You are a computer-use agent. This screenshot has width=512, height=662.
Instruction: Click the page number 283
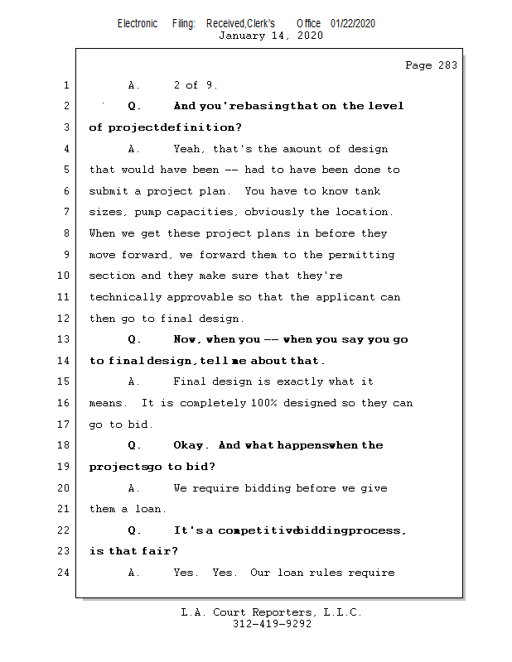448,66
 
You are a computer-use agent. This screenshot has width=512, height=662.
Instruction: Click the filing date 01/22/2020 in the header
353,24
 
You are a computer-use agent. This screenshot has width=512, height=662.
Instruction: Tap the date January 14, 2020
270,36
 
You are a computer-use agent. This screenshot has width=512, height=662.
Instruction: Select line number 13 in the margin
65,340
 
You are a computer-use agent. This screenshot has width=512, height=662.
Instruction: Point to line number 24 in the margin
65,573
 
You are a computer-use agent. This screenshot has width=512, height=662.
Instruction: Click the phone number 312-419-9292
273,625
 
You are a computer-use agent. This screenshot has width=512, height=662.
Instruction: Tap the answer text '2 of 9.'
196,85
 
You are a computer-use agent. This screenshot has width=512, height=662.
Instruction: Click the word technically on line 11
126,297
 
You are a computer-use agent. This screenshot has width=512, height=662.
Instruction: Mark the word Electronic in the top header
138,24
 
